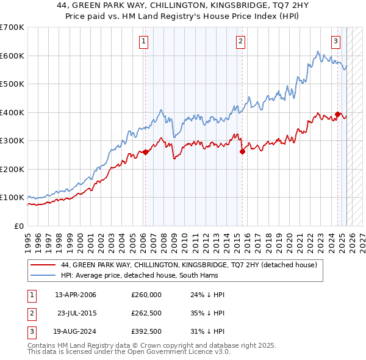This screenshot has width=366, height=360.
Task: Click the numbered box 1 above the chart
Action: point(143,41)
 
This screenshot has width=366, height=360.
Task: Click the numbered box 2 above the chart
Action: point(240,41)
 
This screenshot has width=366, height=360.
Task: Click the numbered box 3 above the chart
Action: point(335,41)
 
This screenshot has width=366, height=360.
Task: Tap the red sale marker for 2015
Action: point(242,151)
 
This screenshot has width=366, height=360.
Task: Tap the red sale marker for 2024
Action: point(337,114)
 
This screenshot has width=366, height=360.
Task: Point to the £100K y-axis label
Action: point(12,198)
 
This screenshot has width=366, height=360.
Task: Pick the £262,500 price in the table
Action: point(146,313)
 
